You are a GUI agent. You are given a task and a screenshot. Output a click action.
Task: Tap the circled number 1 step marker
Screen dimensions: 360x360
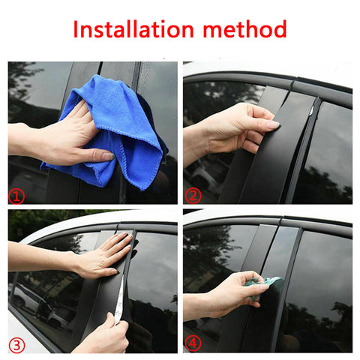[15, 196]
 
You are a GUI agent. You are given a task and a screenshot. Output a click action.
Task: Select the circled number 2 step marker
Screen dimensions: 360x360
[193, 196]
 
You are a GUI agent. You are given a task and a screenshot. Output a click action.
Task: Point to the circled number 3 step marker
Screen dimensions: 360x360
[15, 344]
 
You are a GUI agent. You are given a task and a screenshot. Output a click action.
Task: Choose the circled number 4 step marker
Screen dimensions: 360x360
[193, 344]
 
